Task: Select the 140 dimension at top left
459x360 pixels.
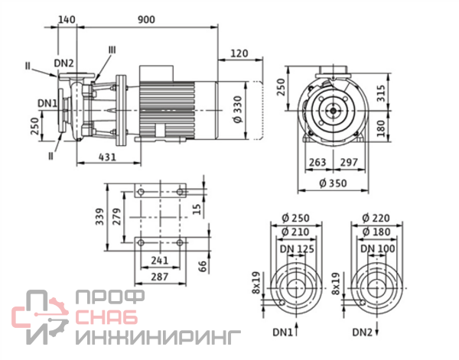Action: coord(66,21)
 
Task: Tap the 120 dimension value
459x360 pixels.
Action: coord(239,54)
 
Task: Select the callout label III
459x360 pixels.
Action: coord(112,50)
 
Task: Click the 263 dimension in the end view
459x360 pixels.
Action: coord(317,162)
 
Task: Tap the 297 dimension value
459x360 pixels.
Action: coord(349,162)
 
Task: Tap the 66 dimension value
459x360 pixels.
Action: coord(202,265)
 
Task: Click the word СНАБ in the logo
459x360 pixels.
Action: coord(108,316)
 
